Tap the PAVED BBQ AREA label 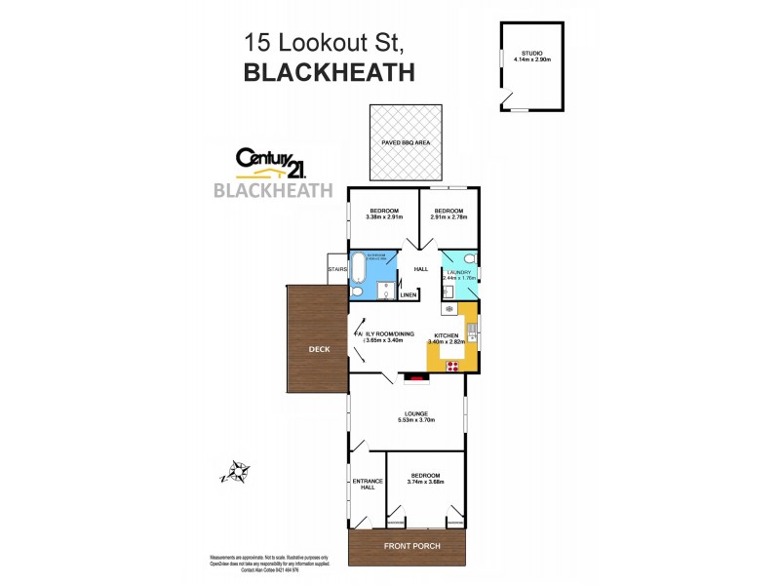407,142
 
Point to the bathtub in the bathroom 359,267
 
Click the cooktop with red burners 453,366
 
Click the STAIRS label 338,269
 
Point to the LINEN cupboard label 409,294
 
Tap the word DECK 319,348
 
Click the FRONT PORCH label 409,546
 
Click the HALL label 421,269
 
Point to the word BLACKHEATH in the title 328,72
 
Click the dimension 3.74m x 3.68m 425,482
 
